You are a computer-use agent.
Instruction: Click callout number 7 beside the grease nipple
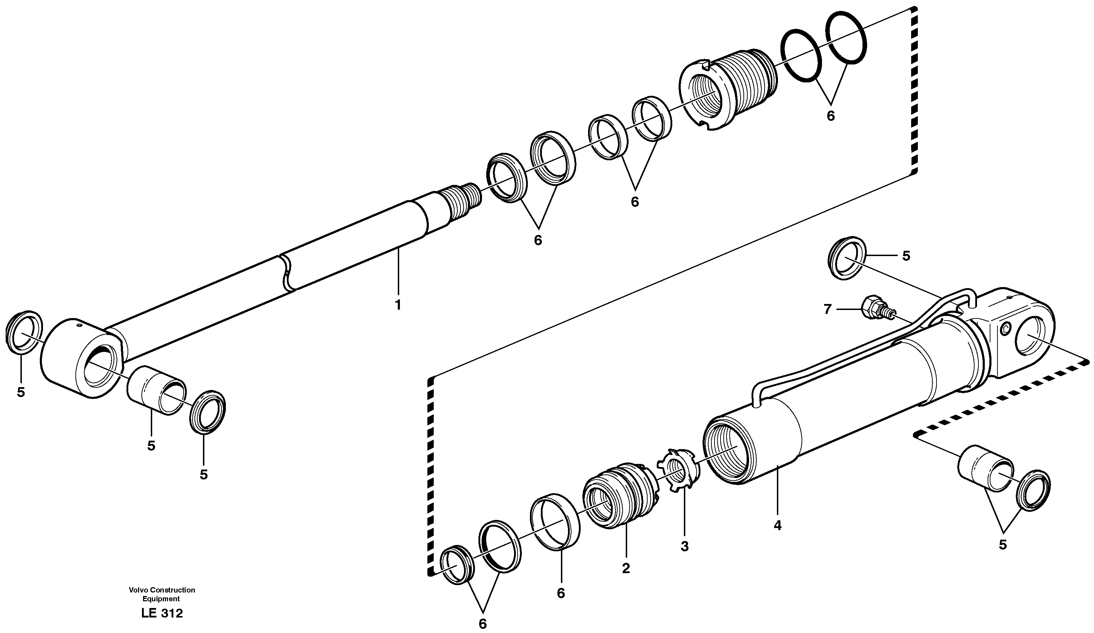(827, 309)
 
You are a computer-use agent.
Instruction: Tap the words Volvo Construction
(162, 590)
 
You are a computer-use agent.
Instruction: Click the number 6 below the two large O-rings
(830, 116)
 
